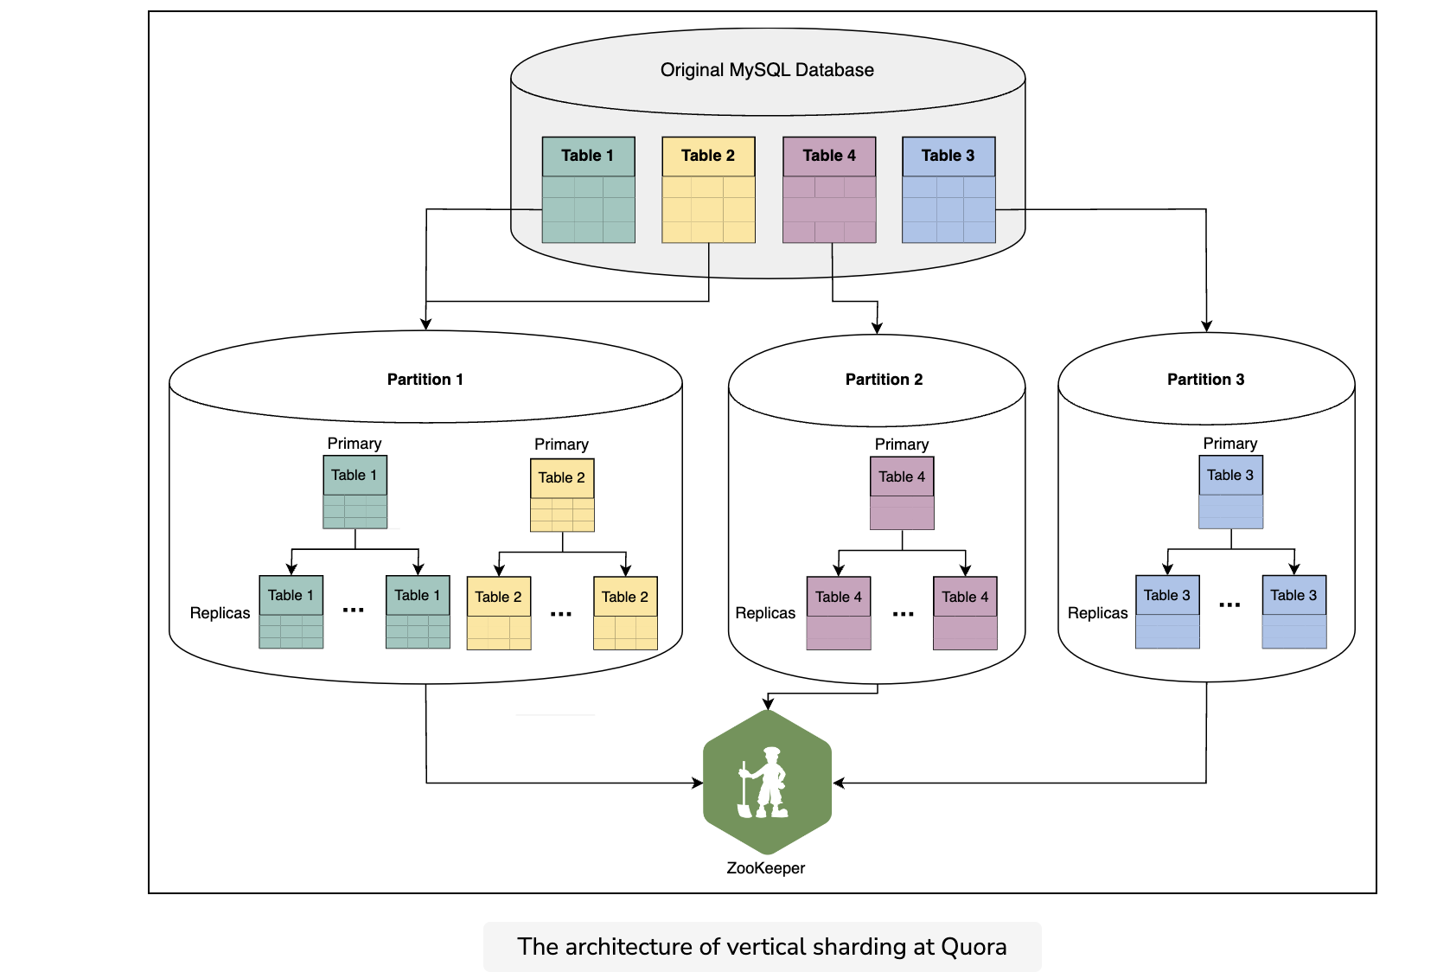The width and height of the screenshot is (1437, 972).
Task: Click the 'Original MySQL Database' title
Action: tap(767, 70)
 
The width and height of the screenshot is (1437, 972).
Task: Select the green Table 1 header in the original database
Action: tap(588, 156)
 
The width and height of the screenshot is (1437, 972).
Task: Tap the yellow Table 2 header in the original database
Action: tap(708, 156)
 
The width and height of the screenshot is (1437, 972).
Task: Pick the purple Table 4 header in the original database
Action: tap(829, 156)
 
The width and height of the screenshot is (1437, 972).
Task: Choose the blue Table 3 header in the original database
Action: tap(948, 156)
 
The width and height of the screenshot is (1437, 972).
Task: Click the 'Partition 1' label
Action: tap(425, 379)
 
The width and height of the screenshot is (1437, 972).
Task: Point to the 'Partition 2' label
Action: tap(884, 379)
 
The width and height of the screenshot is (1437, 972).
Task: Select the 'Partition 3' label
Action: tap(1205, 379)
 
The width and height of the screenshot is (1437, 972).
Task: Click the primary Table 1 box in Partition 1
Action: tap(354, 491)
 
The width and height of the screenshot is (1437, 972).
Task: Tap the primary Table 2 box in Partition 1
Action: tap(562, 495)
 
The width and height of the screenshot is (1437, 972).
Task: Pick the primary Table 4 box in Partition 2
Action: tap(902, 493)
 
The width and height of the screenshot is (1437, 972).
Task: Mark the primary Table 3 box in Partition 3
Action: tap(1230, 491)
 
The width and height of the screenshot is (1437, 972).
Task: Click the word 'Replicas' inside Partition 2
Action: tap(764, 613)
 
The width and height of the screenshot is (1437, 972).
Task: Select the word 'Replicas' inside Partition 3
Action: tap(1097, 613)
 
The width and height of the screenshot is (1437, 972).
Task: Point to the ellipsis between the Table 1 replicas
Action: tap(354, 610)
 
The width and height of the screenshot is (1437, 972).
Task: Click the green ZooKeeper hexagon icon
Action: tap(767, 782)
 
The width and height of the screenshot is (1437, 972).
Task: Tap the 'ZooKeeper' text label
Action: tap(765, 868)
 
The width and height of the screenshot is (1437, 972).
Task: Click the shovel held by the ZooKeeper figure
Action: tap(744, 791)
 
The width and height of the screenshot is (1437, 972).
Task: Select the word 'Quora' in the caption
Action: tap(974, 947)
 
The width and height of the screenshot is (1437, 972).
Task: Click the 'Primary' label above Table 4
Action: tap(901, 444)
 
